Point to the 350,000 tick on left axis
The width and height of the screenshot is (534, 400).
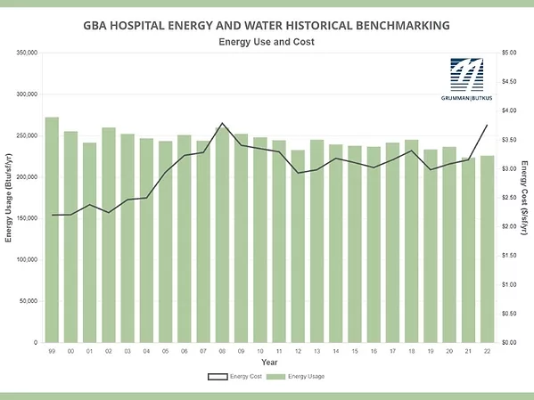tap(25, 53)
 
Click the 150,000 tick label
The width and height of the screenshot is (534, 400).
tap(25, 218)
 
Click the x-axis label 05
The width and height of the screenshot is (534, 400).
tap(166, 352)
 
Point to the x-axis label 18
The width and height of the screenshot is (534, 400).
tap(411, 352)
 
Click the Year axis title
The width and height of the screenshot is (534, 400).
tap(269, 363)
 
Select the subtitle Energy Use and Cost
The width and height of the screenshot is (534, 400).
tap(267, 42)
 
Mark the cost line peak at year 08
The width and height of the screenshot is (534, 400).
tap(222, 123)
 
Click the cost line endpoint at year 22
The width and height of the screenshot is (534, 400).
tap(487, 125)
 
